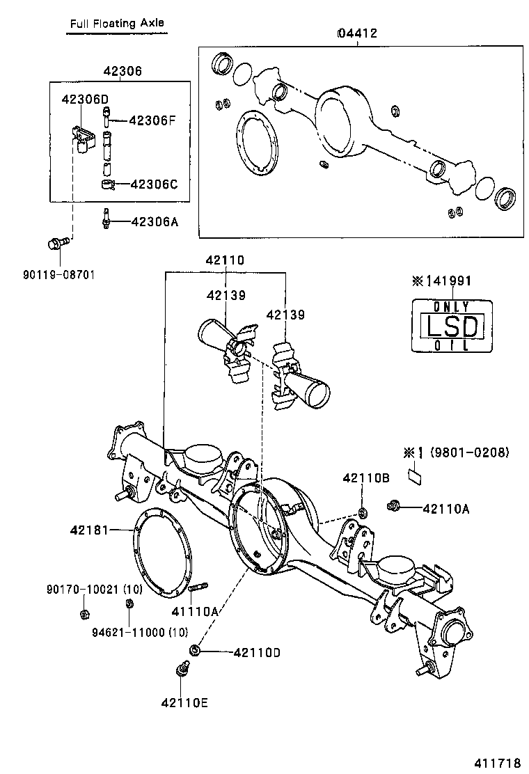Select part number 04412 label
(x=357, y=33)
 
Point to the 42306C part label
(x=154, y=184)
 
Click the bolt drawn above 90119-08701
(x=55, y=243)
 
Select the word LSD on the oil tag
(x=452, y=326)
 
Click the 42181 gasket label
(x=89, y=530)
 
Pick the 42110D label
(x=257, y=652)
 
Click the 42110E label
(x=185, y=702)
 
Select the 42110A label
(x=446, y=508)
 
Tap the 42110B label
(x=365, y=478)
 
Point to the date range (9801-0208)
(x=469, y=452)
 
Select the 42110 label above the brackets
(x=225, y=260)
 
